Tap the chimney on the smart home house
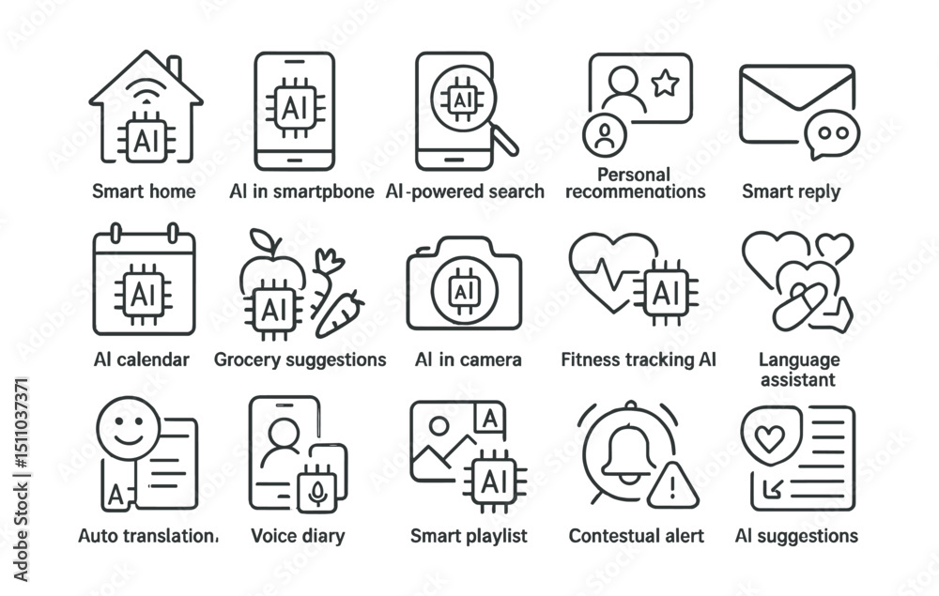(x=174, y=69)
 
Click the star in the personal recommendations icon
(x=665, y=84)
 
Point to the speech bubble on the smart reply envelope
(x=831, y=135)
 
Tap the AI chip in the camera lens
(x=462, y=290)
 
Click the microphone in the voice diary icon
(x=317, y=489)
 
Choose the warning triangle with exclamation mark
(x=673, y=485)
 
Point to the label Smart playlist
(x=469, y=536)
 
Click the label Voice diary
(x=298, y=536)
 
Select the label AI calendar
(x=142, y=359)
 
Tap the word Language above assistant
(x=799, y=359)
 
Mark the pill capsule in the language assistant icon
(x=799, y=306)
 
